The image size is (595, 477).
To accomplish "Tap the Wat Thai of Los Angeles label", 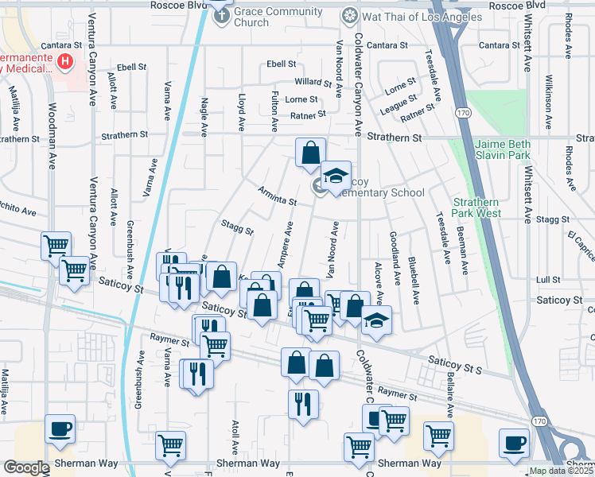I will coord(406,17).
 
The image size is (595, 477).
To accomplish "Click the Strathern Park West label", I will coord(478,207).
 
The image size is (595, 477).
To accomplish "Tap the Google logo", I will coord(25,467).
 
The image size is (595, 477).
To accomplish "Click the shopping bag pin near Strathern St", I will coord(310,152).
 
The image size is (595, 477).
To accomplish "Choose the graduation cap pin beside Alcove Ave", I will coord(377,321).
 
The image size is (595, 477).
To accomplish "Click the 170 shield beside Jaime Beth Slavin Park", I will coord(461,114).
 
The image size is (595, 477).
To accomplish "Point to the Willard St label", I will coord(313,82).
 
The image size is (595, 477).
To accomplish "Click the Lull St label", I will coord(548,280).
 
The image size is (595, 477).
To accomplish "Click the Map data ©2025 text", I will coord(561,471).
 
